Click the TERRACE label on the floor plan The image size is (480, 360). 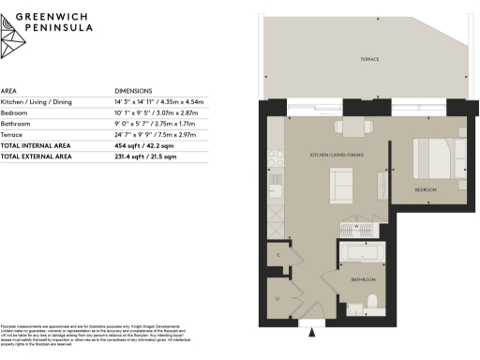[x=369, y=59]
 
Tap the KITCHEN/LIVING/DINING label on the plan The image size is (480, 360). [x=337, y=154]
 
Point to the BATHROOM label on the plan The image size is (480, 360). [x=364, y=279]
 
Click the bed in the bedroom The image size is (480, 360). [x=438, y=160]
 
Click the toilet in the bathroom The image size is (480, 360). [x=372, y=302]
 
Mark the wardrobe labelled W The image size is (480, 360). [x=355, y=225]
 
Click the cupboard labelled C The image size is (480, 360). [x=277, y=254]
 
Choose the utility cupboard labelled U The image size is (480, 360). [x=277, y=298]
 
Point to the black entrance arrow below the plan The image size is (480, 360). [x=313, y=329]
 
